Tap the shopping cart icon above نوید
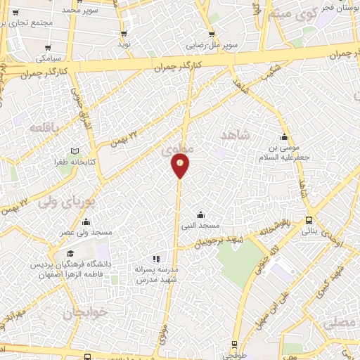point(124,33)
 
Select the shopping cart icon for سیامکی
point(48,49)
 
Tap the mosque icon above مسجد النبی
point(201,215)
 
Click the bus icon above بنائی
point(309,221)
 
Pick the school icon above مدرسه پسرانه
point(155,259)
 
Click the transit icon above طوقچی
point(235,345)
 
